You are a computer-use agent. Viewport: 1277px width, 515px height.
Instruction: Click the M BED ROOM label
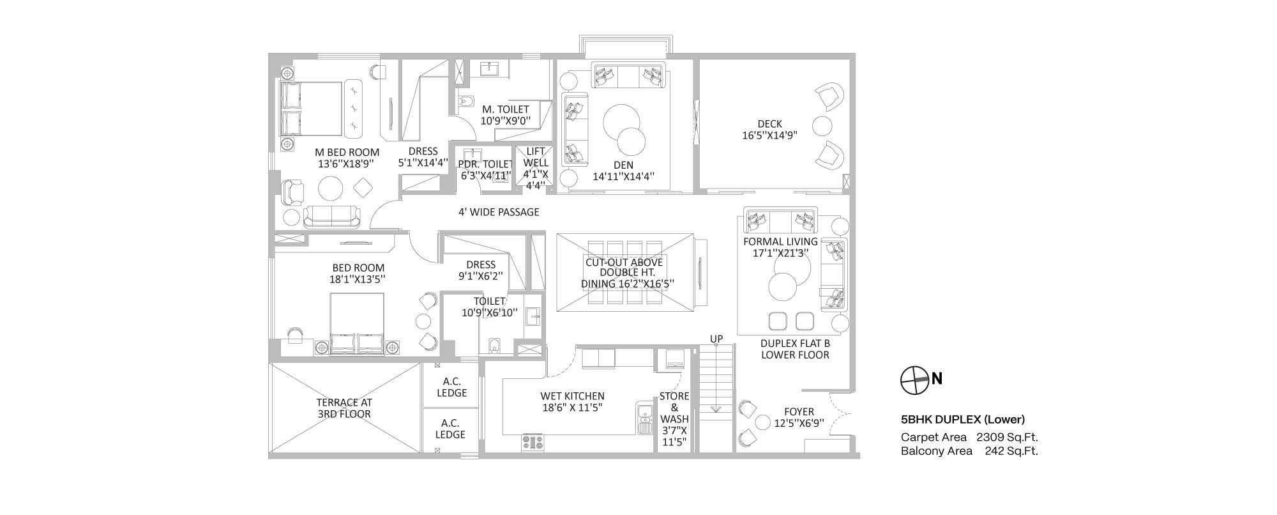click(347, 152)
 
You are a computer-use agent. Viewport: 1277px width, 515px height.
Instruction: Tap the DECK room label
click(769, 124)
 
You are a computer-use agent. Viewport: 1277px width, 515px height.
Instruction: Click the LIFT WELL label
click(536, 157)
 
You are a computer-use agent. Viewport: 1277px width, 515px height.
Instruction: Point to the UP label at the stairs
click(716, 339)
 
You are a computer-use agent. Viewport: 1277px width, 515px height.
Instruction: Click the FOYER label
click(799, 412)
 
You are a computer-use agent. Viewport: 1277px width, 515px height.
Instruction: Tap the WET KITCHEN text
click(572, 396)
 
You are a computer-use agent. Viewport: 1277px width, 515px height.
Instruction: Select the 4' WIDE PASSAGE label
click(499, 211)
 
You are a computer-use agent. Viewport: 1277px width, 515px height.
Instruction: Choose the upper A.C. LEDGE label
click(451, 387)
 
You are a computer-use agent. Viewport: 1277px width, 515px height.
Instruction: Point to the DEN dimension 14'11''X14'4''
click(623, 176)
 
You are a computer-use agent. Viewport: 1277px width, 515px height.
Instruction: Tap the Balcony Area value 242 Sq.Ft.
click(1011, 451)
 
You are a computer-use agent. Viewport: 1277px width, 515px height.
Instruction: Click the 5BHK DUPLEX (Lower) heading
click(963, 420)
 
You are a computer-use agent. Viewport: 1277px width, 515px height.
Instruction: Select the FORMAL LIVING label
click(780, 242)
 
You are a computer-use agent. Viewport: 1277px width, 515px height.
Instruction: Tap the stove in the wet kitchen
click(533, 442)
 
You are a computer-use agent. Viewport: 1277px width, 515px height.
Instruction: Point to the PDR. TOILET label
click(485, 164)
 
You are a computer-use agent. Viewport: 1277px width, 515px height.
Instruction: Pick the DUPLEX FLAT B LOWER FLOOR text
click(795, 349)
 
